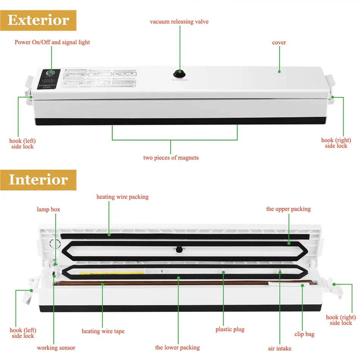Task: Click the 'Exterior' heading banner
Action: (38, 20)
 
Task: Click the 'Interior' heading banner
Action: (38, 180)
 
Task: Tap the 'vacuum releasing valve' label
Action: (179, 22)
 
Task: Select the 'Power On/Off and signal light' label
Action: (52, 42)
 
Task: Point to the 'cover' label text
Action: (279, 42)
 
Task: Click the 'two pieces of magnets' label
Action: (171, 158)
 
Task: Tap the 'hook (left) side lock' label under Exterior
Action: (23, 144)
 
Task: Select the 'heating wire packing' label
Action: (122, 197)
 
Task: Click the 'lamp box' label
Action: (48, 209)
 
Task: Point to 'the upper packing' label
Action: (288, 209)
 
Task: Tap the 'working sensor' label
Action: (56, 347)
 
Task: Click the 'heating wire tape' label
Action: (103, 331)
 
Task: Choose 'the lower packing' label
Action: (177, 347)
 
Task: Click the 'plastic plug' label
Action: (230, 329)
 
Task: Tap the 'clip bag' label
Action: (304, 334)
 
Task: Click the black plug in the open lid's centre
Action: (178, 249)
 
